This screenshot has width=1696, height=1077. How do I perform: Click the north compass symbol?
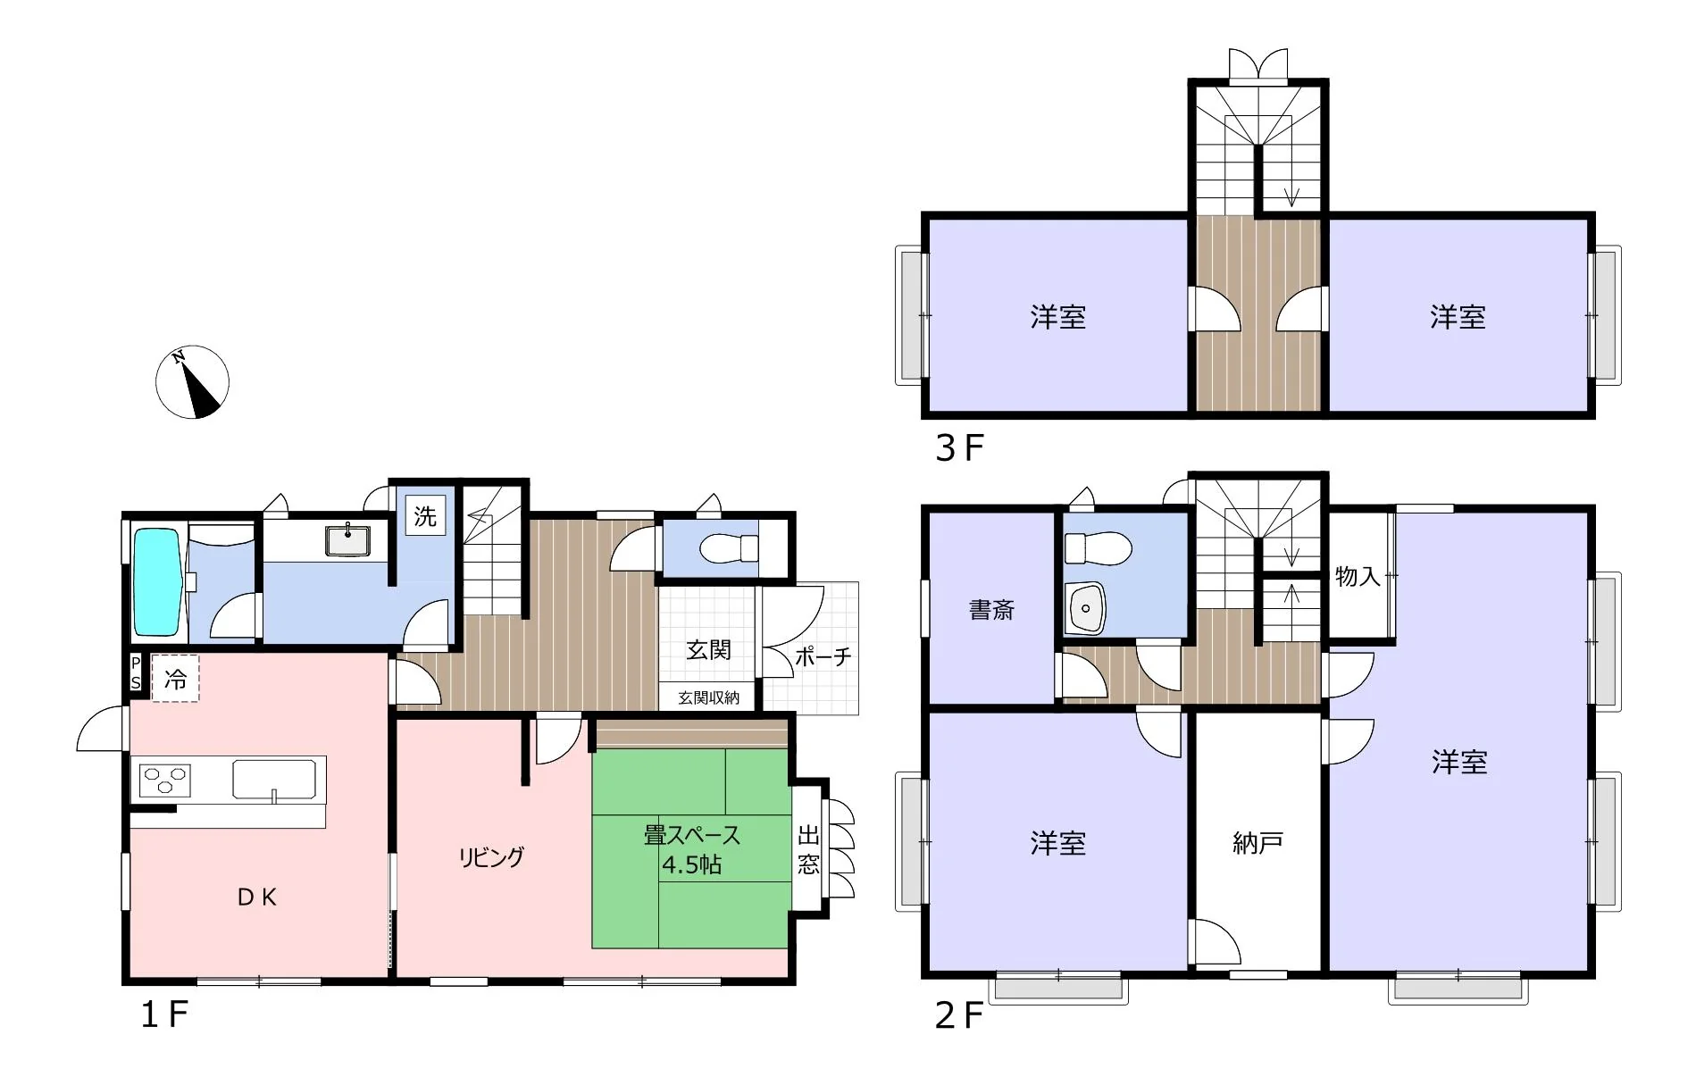pos(193,382)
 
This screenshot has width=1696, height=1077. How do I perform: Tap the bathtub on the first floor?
pos(158,581)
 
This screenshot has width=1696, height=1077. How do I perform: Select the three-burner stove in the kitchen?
pos(165,781)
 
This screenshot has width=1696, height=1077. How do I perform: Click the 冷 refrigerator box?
pos(175,679)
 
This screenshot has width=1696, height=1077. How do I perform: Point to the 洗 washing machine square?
pos(425,516)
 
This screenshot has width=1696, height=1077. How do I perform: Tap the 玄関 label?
pos(708,650)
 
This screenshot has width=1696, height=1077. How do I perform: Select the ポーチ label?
pos(823,657)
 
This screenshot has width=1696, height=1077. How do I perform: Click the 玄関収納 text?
pos(708,697)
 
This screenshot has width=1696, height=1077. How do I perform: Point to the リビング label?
pos(491,857)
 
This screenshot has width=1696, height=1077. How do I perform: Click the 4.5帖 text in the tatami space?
pos(691,864)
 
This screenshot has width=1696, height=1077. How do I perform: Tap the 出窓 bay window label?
pos(808,850)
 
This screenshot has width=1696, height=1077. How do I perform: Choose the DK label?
pos(257,897)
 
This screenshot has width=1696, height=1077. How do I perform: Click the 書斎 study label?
pos(991,610)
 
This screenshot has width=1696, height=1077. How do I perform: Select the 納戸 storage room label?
pos(1257,842)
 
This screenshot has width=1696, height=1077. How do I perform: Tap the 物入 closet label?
pos(1358,577)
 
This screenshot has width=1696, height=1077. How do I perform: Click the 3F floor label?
pos(959,448)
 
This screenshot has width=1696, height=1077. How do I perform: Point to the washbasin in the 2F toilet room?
pos(1085,608)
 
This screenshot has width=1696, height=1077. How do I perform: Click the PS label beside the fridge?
pos(136,672)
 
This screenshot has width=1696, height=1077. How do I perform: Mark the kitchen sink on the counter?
pos(274,780)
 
